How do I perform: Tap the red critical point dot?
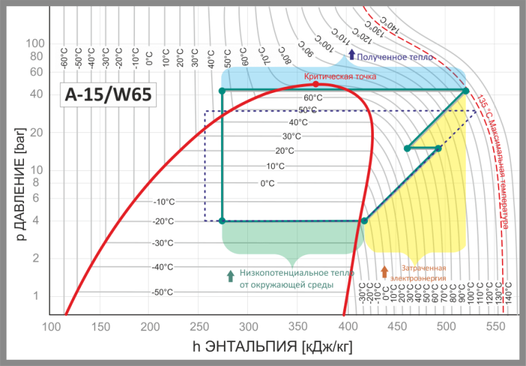click(x=316, y=84)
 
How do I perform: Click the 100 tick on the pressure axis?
click(x=35, y=43)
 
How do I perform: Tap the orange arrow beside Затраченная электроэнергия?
click(x=384, y=272)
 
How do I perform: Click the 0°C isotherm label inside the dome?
click(x=267, y=183)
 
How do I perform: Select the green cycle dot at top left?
click(x=222, y=90)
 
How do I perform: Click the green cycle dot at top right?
click(x=466, y=90)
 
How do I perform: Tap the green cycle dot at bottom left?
click(x=222, y=220)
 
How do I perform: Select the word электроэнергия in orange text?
click(x=419, y=278)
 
